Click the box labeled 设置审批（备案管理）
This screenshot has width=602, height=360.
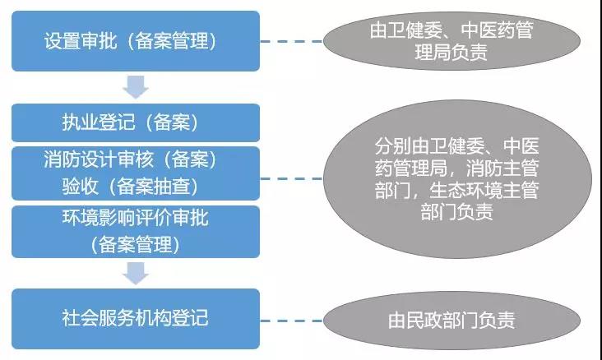(x=136, y=40)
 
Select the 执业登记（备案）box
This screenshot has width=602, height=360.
(x=136, y=122)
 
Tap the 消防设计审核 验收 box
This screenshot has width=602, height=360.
(x=136, y=172)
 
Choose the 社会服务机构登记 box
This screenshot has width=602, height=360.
(x=136, y=317)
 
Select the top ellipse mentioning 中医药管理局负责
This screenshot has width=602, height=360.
(x=451, y=41)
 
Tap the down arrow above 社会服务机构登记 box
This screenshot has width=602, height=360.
(x=135, y=272)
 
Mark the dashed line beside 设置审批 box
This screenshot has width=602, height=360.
(x=292, y=40)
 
